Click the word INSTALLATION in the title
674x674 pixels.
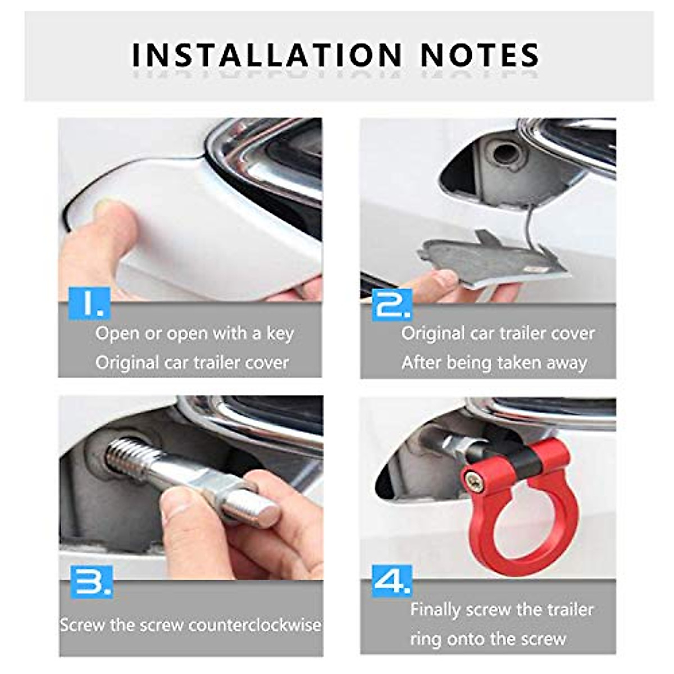click(x=267, y=55)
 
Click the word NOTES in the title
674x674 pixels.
click(x=480, y=55)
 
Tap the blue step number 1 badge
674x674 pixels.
click(x=89, y=303)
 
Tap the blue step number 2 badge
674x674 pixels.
click(x=391, y=304)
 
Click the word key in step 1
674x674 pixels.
click(x=280, y=334)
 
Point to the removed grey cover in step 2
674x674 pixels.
click(x=483, y=258)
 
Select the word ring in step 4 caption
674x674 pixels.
click(x=422, y=639)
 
